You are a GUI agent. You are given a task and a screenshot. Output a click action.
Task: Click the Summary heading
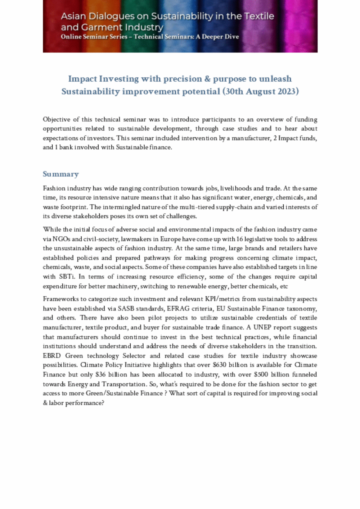(x=60, y=174)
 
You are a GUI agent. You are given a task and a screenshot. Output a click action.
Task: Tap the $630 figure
(x=220, y=365)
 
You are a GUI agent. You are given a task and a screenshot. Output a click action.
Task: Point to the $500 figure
(x=261, y=374)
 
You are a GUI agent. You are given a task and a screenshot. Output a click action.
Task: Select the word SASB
(x=126, y=309)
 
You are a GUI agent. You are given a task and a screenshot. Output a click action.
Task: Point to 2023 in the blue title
(x=288, y=91)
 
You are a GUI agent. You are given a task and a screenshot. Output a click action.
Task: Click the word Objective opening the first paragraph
(x=56, y=119)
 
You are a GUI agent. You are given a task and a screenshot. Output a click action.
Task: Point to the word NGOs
(x=61, y=239)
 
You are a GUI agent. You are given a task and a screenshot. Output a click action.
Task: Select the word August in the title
(x=261, y=91)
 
